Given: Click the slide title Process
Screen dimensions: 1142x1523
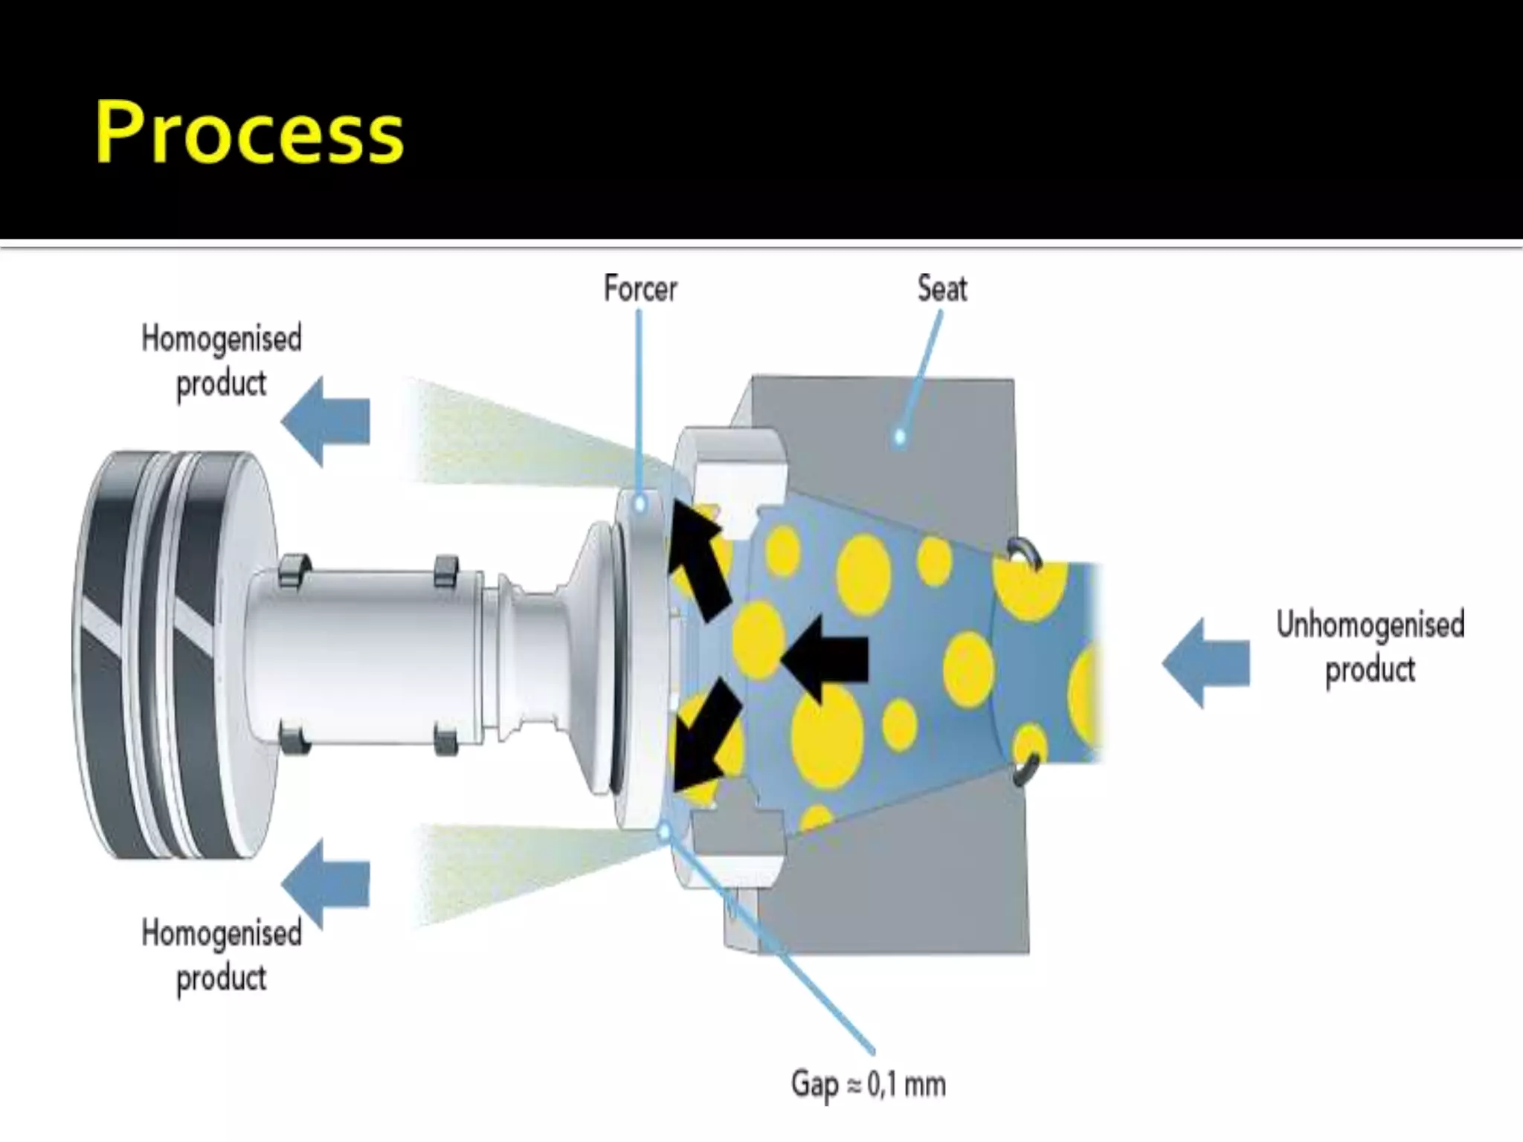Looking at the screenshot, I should pyautogui.click(x=249, y=132).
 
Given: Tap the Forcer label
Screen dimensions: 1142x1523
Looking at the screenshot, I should pyautogui.click(x=640, y=288).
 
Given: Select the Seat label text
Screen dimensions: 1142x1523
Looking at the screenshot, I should pyautogui.click(x=941, y=288).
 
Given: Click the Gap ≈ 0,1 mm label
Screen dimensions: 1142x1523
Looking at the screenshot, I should pyautogui.click(x=868, y=1084).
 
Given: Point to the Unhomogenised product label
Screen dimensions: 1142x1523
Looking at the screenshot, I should pyautogui.click(x=1370, y=646).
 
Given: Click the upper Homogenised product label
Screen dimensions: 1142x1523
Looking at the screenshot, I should pyautogui.click(x=221, y=361).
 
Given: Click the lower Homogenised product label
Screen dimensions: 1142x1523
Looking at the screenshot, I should pyautogui.click(x=221, y=955).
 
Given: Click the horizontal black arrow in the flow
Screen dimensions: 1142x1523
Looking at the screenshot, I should pyautogui.click(x=825, y=659).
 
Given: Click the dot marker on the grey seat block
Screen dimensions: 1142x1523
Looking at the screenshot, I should pyautogui.click(x=899, y=436).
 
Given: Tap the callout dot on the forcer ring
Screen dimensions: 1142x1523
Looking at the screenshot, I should pyautogui.click(x=640, y=505).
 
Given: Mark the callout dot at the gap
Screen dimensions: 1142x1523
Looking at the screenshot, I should pyautogui.click(x=665, y=831).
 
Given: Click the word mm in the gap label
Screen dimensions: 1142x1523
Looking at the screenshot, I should pyautogui.click(x=925, y=1084).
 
